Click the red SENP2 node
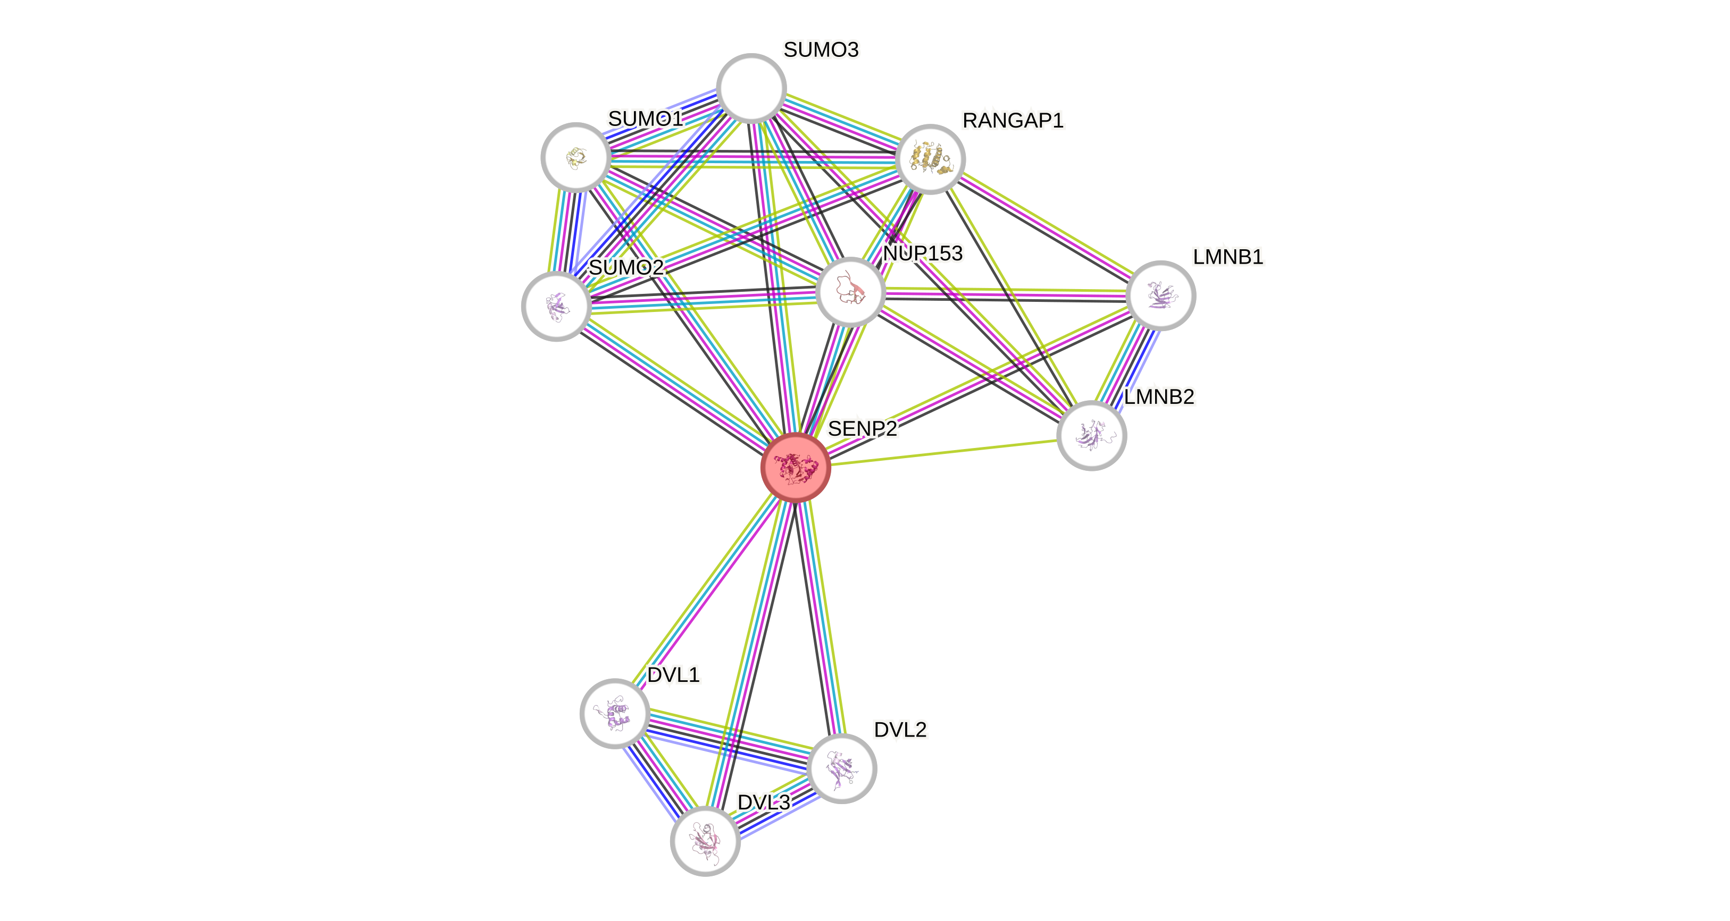[x=796, y=467]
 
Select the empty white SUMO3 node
[x=751, y=88]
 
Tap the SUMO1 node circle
[x=575, y=157]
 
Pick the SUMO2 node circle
[x=556, y=306]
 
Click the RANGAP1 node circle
[x=930, y=159]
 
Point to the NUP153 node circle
[x=850, y=292]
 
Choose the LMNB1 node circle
[x=1160, y=295]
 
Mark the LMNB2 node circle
[x=1091, y=436]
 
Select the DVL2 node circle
[x=841, y=768]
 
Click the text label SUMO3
[x=821, y=49]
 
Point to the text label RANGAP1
[x=1013, y=120]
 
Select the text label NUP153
[x=922, y=253]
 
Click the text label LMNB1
[x=1227, y=257]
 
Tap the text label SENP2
[x=862, y=428]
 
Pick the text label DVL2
[x=900, y=730]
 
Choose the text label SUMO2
[x=626, y=267]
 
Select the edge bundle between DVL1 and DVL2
[x=728, y=740]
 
